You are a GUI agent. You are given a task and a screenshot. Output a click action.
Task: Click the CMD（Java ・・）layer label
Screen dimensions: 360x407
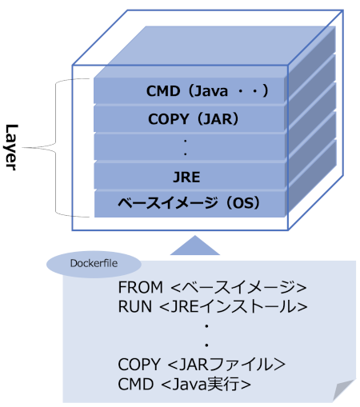(207, 91)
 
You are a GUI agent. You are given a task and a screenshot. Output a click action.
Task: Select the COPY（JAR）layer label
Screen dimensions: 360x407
(194, 119)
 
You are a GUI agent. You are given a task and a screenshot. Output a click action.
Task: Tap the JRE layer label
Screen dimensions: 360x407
(186, 178)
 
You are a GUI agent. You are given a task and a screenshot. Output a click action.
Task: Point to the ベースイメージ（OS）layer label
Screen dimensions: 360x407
(189, 203)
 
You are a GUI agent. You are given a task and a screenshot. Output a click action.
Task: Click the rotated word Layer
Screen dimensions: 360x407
(12, 147)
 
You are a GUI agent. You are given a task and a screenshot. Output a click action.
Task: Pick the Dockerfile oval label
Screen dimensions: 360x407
(94, 264)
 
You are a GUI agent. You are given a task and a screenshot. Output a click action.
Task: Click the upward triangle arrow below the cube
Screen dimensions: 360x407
(195, 245)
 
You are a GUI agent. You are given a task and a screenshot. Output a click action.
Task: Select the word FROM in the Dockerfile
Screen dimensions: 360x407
(140, 287)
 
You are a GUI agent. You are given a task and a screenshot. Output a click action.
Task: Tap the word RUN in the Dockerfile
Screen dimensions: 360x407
(135, 306)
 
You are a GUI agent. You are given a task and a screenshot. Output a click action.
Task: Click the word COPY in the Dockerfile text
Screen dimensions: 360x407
(139, 365)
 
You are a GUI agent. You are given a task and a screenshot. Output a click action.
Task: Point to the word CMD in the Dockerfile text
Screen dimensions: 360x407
(136, 384)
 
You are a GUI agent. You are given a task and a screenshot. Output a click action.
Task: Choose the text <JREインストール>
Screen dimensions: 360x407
(234, 306)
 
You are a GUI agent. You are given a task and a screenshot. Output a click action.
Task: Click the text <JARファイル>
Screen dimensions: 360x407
(226, 365)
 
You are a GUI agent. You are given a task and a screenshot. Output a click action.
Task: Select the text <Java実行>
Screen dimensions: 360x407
(206, 384)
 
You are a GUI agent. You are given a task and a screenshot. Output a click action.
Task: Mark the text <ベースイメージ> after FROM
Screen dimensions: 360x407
(238, 287)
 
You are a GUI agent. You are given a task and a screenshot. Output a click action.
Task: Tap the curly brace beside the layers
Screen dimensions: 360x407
(56, 147)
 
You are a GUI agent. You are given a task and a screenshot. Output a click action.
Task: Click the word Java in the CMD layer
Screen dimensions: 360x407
(210, 91)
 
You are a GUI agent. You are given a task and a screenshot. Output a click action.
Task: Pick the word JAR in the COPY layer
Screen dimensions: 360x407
(218, 119)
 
